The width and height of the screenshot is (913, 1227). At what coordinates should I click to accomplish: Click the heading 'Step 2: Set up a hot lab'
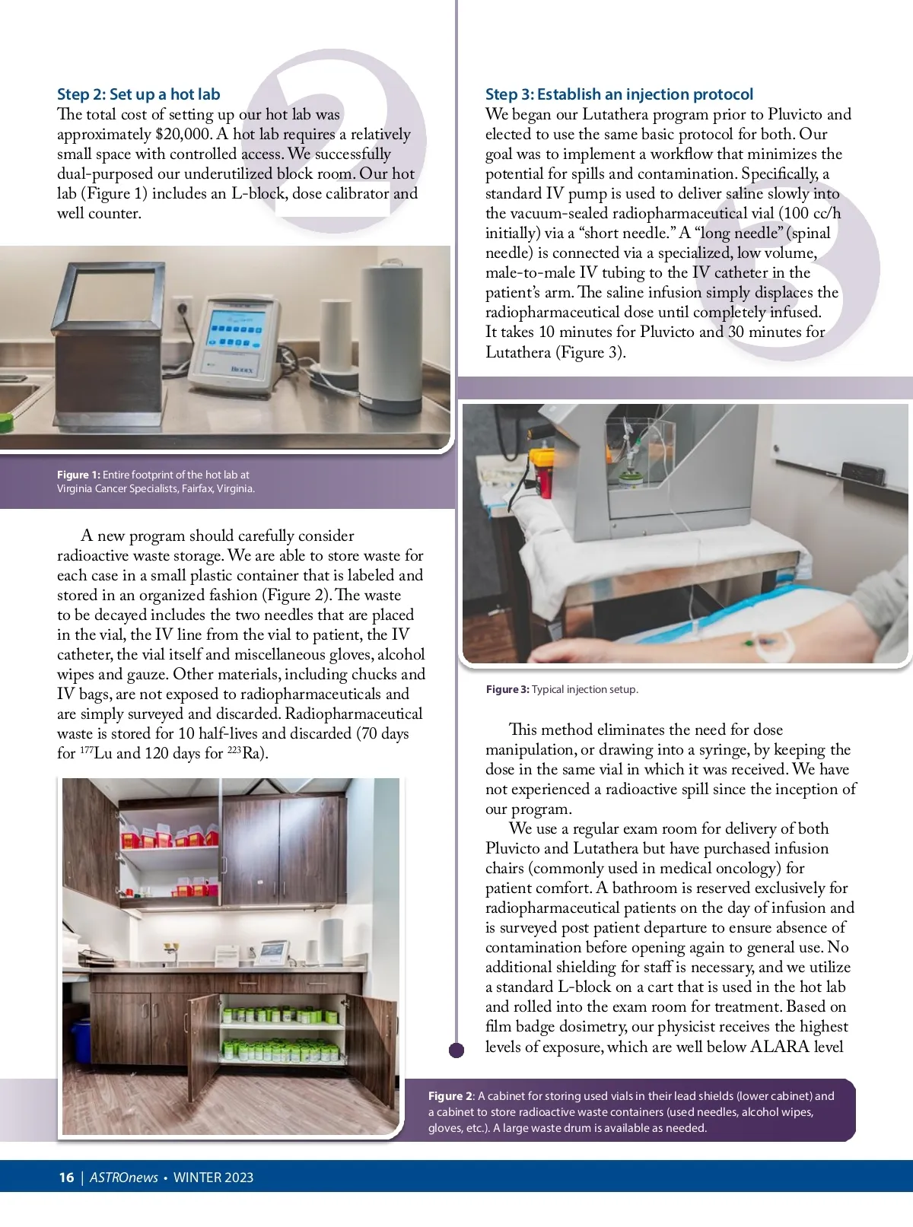pos(138,94)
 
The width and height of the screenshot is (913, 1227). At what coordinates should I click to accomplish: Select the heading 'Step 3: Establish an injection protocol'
pos(619,94)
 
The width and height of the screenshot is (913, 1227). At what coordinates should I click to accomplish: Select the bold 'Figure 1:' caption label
pos(78,475)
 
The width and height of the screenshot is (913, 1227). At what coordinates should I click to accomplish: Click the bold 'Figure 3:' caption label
pos(507,689)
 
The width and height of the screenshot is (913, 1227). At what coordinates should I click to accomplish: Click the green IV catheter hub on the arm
pos(752,644)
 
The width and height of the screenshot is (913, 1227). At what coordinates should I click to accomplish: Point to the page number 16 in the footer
pos(66,1178)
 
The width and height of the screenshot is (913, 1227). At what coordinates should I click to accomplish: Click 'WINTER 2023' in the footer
pos(213,1178)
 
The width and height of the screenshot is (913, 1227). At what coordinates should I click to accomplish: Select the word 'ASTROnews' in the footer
pos(124,1178)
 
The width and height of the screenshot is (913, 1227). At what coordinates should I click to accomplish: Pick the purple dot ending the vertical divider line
pos(456,1051)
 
